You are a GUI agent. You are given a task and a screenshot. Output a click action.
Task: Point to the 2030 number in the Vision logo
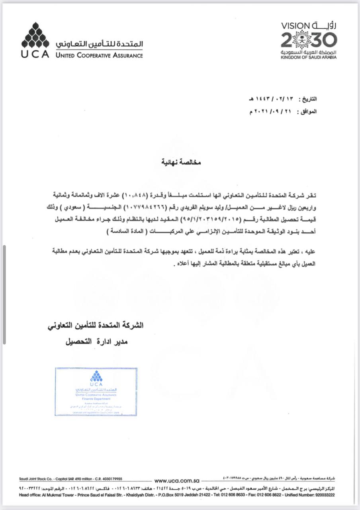coord(309,40)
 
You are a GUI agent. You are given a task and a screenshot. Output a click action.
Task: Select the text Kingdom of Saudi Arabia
coord(309,57)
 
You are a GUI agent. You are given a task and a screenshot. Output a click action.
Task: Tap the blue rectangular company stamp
coord(96,392)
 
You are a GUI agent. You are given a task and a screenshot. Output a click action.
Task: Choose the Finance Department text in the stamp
coord(96,398)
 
